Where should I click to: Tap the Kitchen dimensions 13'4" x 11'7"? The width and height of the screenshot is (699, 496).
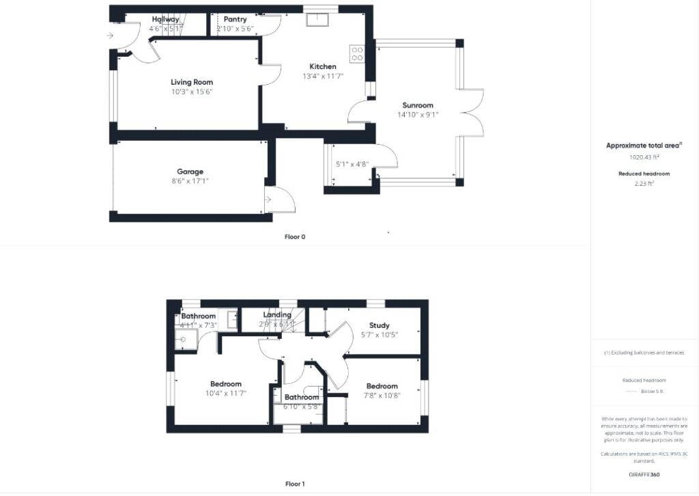click(323, 77)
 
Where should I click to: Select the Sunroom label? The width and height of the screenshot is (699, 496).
click(418, 105)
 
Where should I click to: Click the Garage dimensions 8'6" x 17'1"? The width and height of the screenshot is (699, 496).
click(190, 181)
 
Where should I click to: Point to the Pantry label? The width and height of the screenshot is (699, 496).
click(235, 19)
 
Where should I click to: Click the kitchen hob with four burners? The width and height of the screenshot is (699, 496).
click(357, 53)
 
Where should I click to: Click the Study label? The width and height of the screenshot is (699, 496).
click(379, 325)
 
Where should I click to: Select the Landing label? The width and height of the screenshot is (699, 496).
click(277, 315)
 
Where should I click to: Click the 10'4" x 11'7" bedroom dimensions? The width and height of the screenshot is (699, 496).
click(225, 394)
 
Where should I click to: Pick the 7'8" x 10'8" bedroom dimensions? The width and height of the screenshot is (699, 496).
click(381, 396)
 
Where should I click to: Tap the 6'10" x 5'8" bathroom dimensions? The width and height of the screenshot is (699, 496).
click(302, 407)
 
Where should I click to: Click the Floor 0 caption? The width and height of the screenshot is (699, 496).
click(295, 237)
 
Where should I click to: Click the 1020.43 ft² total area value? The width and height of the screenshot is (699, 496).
click(644, 156)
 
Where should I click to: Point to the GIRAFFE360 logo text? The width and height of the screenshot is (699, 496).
click(644, 474)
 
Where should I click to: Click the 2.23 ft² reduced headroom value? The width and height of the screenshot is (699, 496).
click(644, 183)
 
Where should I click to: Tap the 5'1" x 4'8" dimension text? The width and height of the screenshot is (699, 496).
click(352, 164)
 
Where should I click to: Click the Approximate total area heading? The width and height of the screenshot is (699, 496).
click(644, 146)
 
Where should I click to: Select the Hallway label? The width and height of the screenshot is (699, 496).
click(165, 20)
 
